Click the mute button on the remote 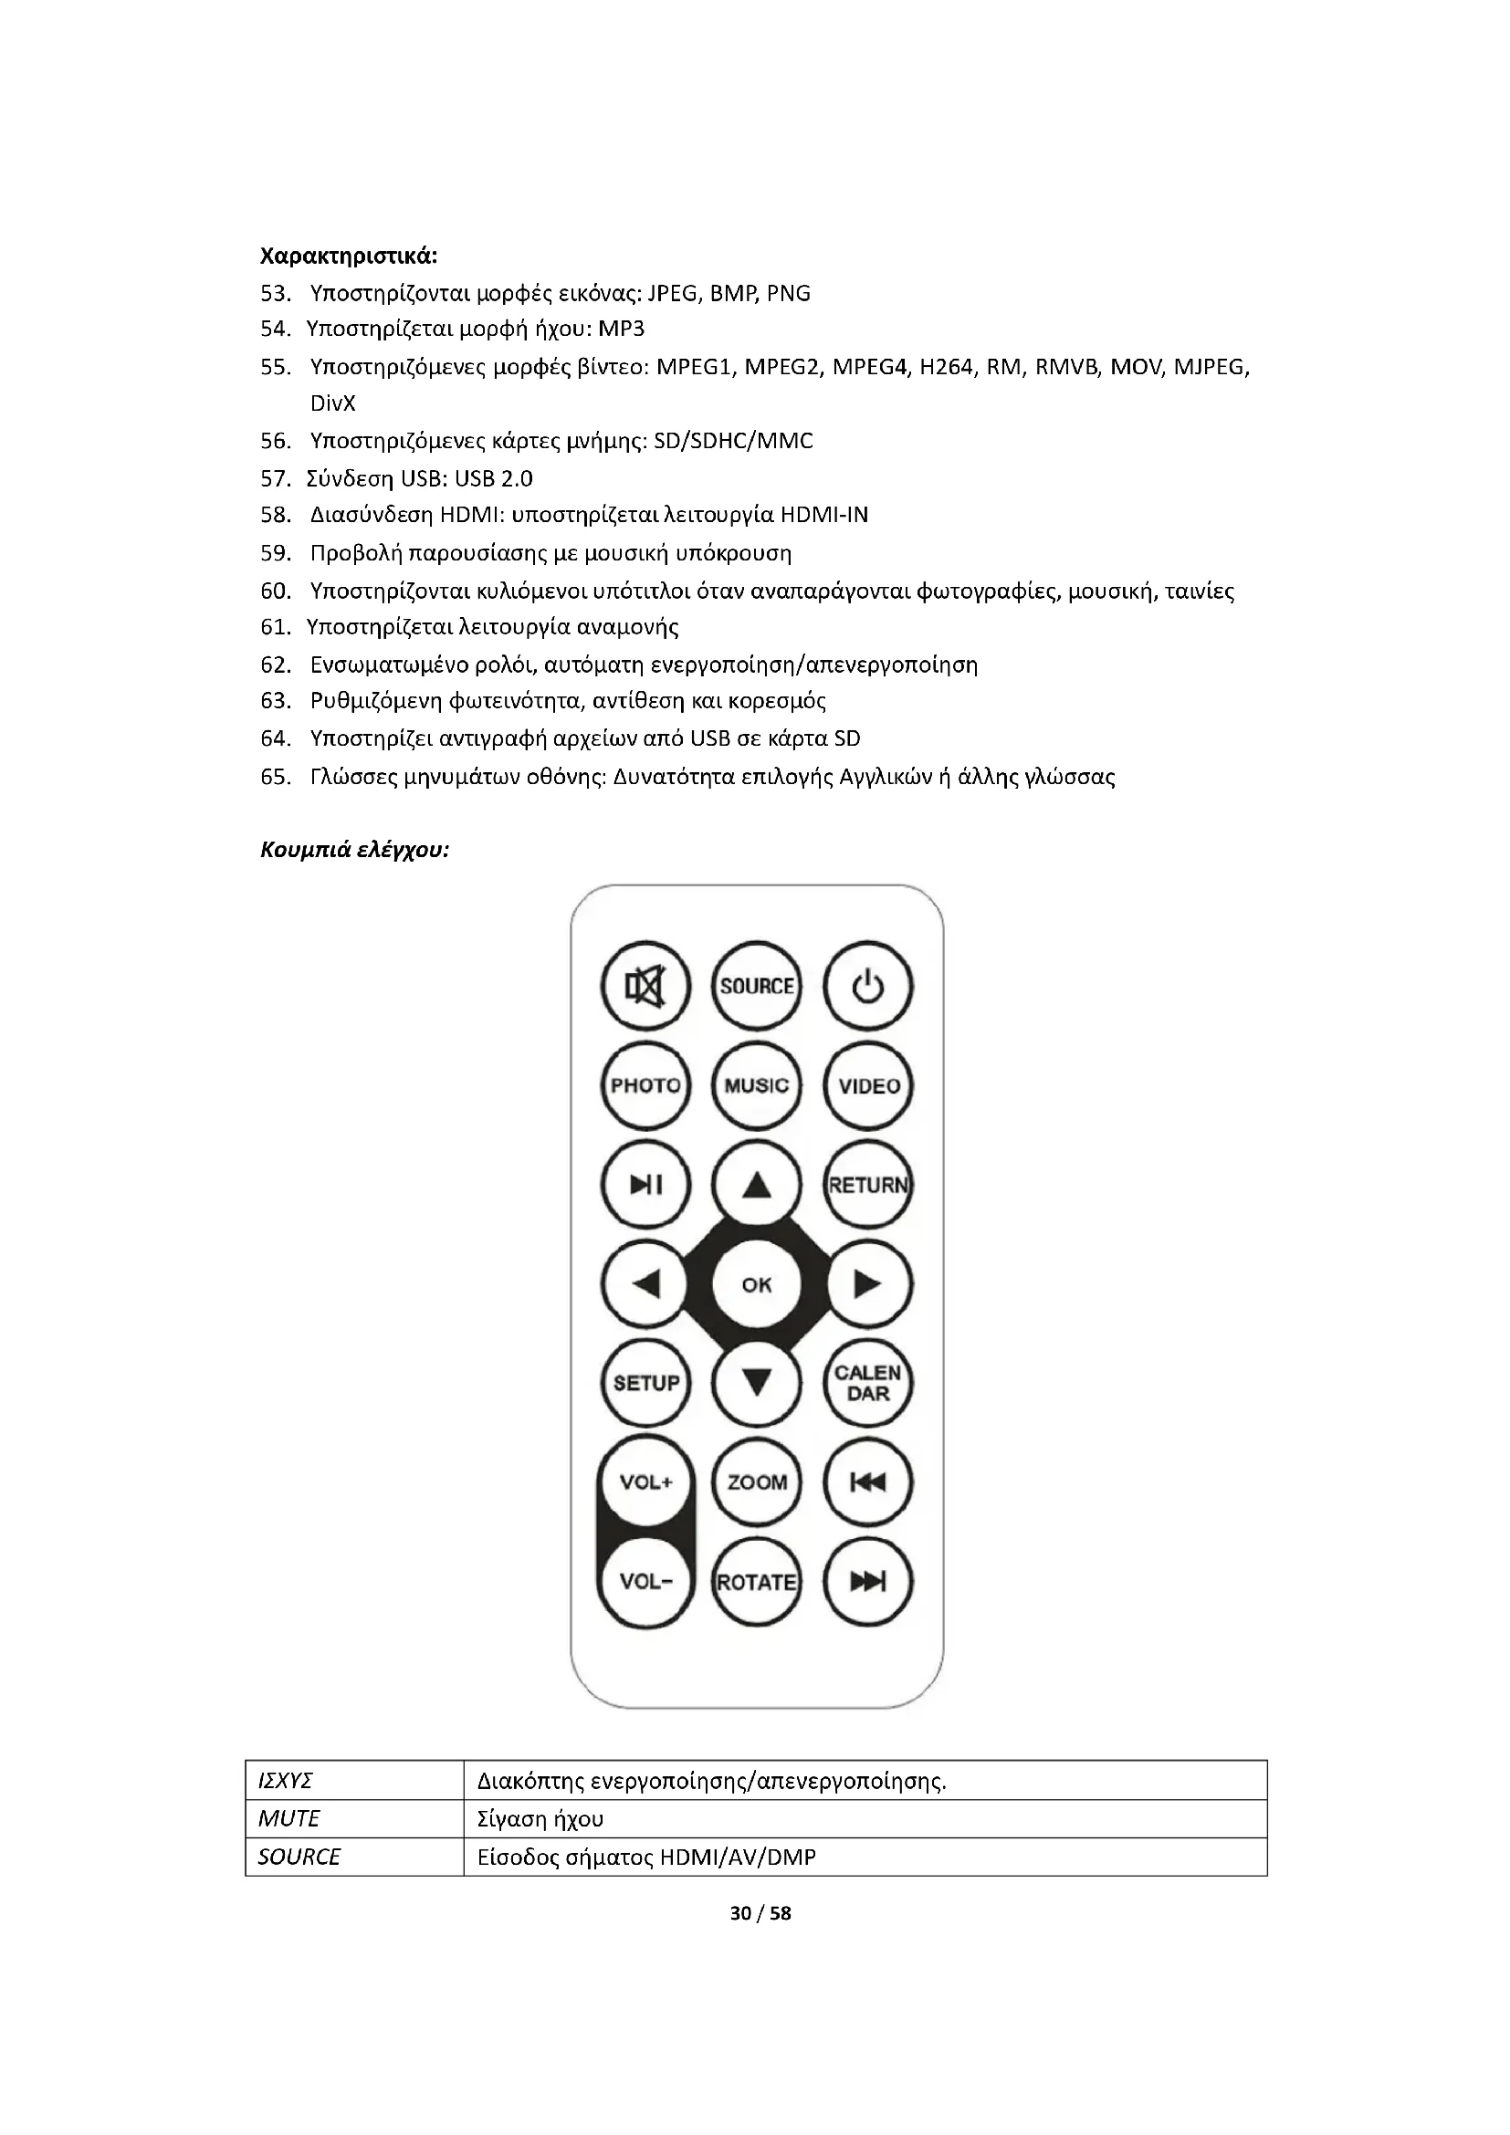[x=645, y=987]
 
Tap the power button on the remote [x=867, y=987]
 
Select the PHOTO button [x=645, y=1086]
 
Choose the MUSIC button [x=757, y=1086]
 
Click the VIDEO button [x=868, y=1086]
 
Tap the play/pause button [x=645, y=1185]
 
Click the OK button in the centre [x=757, y=1284]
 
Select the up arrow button [x=757, y=1185]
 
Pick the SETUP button [x=645, y=1384]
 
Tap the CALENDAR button [x=868, y=1384]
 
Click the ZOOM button [x=757, y=1482]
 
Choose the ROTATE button [x=757, y=1582]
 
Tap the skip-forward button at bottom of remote [x=868, y=1582]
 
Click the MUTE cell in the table [x=289, y=1818]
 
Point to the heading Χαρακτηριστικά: [x=349, y=256]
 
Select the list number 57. [x=275, y=479]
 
